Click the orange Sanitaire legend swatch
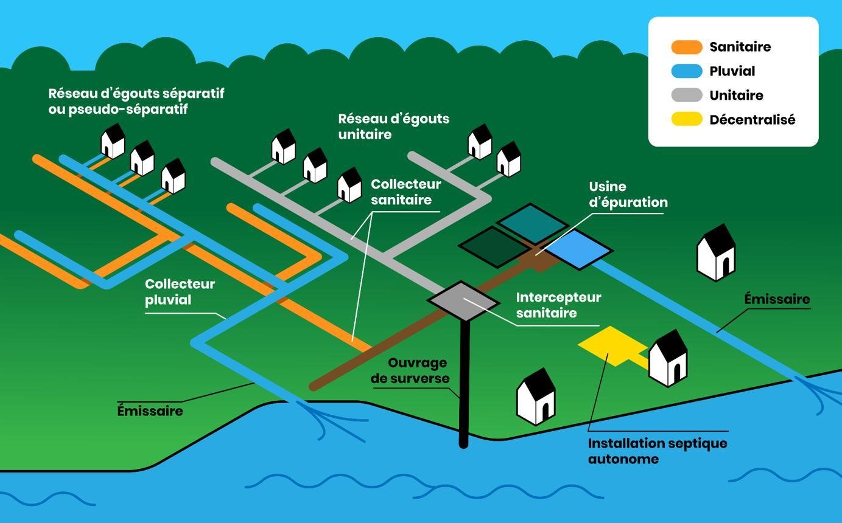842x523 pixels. pyautogui.click(x=687, y=47)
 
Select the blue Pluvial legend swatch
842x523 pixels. pyautogui.click(x=687, y=71)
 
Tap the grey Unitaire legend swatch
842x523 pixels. pyautogui.click(x=687, y=95)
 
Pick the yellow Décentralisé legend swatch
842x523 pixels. pyautogui.click(x=687, y=120)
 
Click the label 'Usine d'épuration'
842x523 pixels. pyautogui.click(x=628, y=195)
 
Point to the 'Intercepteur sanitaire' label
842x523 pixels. pyautogui.click(x=558, y=305)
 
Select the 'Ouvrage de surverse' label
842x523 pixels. pyautogui.click(x=418, y=370)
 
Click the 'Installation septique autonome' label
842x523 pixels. pyautogui.click(x=658, y=451)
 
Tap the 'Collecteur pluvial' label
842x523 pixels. pyautogui.click(x=180, y=292)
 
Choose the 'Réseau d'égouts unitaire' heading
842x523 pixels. pyautogui.click(x=393, y=126)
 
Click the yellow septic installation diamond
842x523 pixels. pyautogui.click(x=611, y=345)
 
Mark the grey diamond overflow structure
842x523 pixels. pyautogui.click(x=463, y=300)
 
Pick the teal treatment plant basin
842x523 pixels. pyautogui.click(x=532, y=223)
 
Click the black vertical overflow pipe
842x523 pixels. pyautogui.click(x=464, y=383)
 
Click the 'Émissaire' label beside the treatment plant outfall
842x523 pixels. pyautogui.click(x=777, y=299)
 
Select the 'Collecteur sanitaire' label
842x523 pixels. pyautogui.click(x=405, y=192)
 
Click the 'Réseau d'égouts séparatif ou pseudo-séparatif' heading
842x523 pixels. pyautogui.click(x=136, y=101)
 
